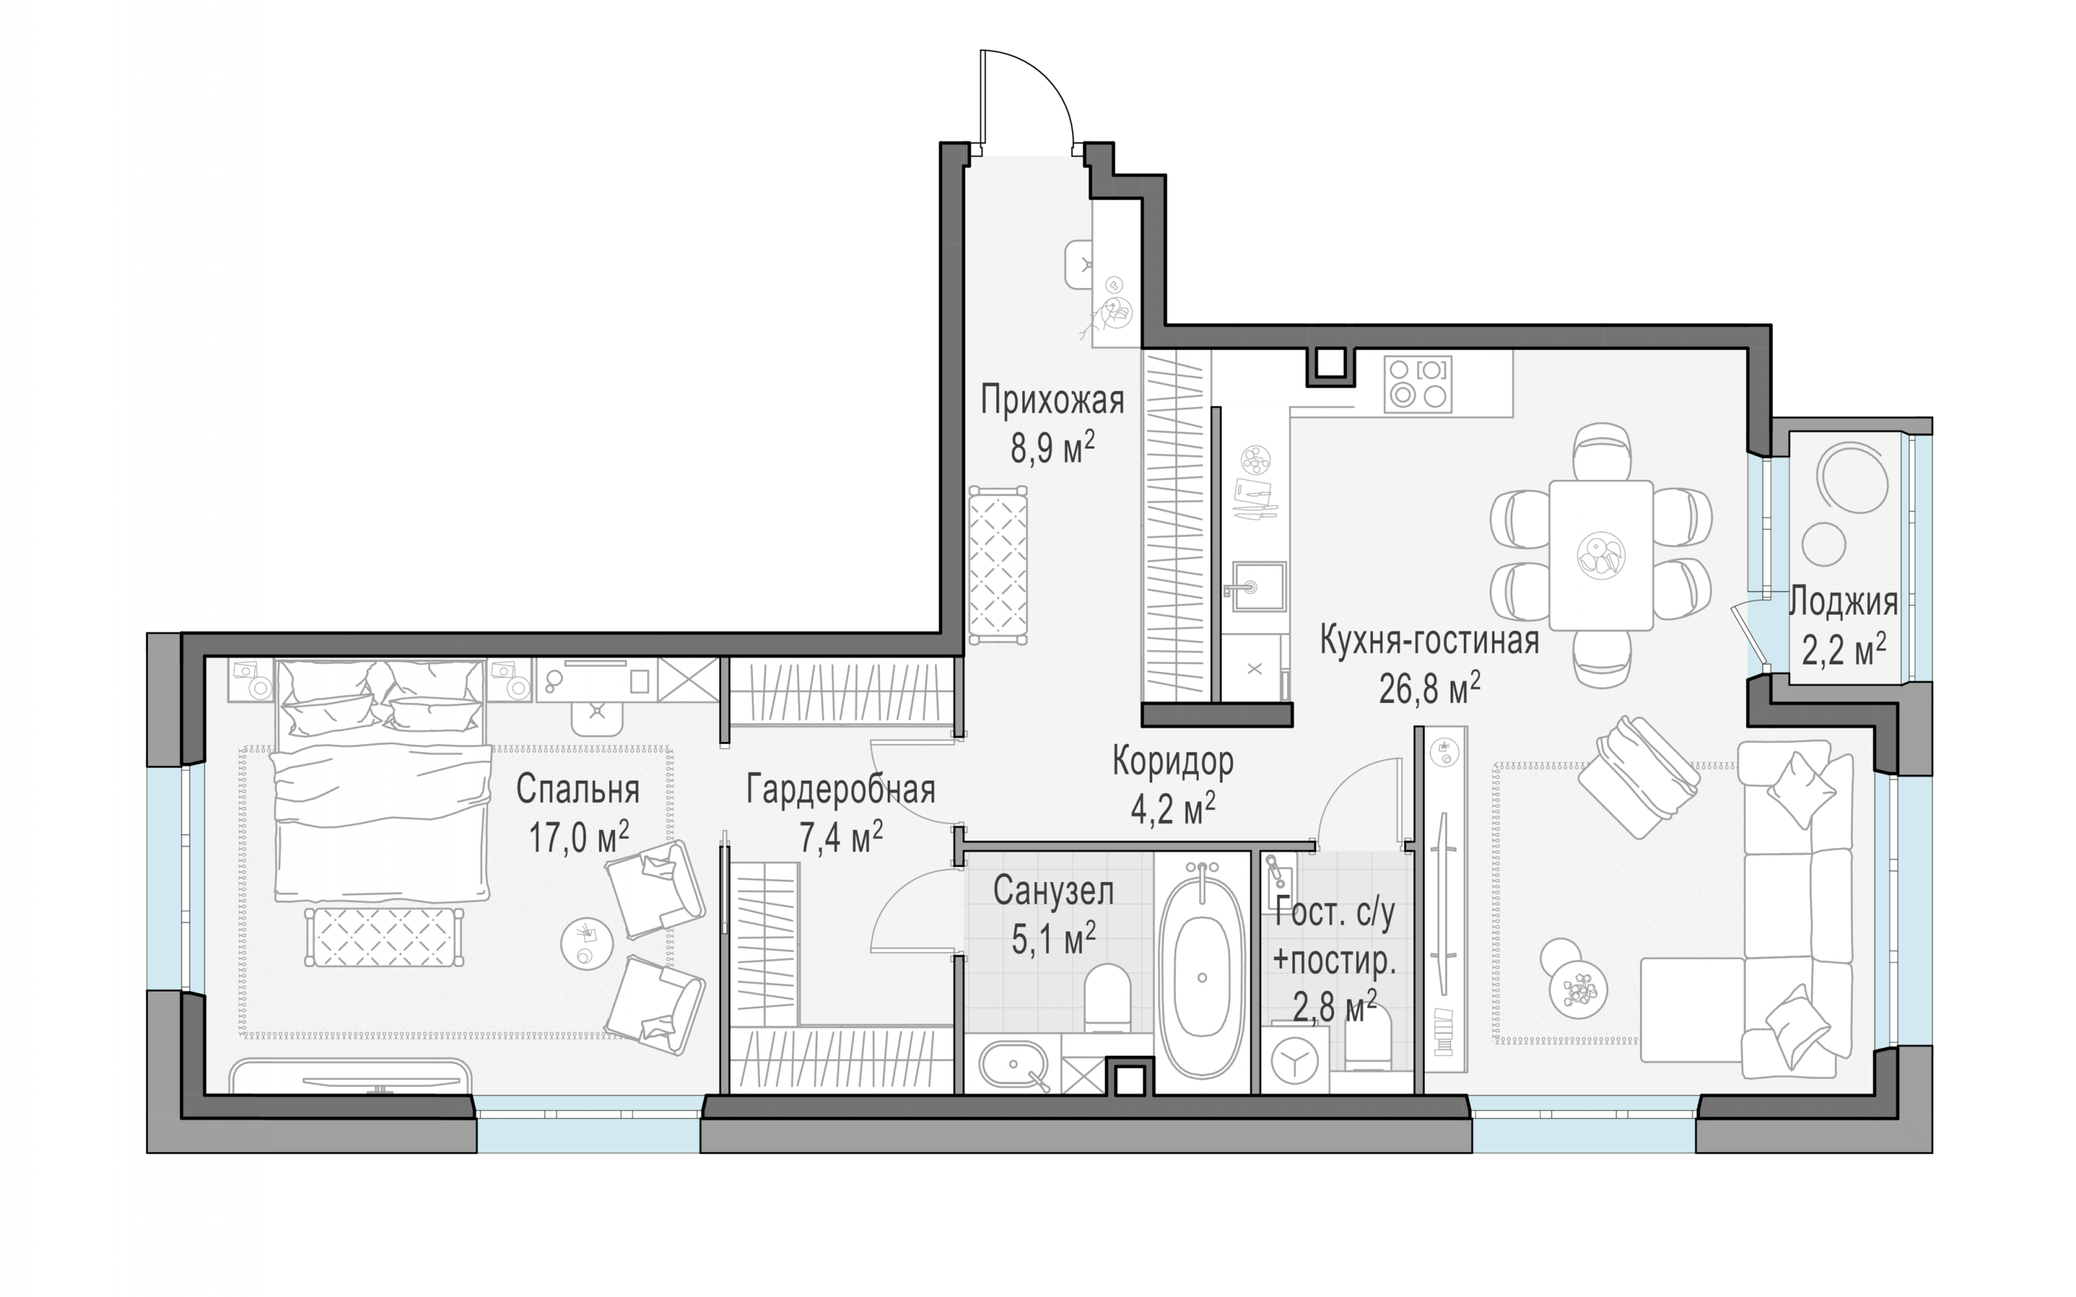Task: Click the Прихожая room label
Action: tap(1052, 401)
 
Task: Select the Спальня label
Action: tap(577, 789)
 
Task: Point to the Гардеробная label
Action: tap(840, 789)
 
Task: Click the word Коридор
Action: tap(1173, 761)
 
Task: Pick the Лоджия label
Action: tap(1843, 602)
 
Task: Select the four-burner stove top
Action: tap(1417, 385)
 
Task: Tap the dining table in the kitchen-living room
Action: tap(1601, 555)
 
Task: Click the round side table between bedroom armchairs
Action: tap(587, 944)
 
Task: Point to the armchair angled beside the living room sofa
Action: tap(1638, 777)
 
